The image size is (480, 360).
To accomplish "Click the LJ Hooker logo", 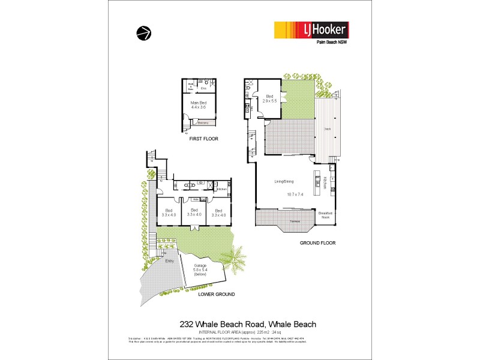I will click(x=311, y=30).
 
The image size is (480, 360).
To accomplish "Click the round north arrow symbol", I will click(x=143, y=33).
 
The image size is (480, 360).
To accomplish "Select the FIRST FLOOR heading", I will click(x=203, y=139).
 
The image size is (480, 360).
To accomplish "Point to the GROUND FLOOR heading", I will click(x=317, y=243).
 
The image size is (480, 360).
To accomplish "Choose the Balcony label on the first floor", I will click(x=203, y=122).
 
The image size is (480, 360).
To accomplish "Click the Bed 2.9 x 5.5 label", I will click(x=269, y=98).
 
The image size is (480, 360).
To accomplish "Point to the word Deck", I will click(x=328, y=129).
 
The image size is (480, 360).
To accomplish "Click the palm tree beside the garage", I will click(x=238, y=259).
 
